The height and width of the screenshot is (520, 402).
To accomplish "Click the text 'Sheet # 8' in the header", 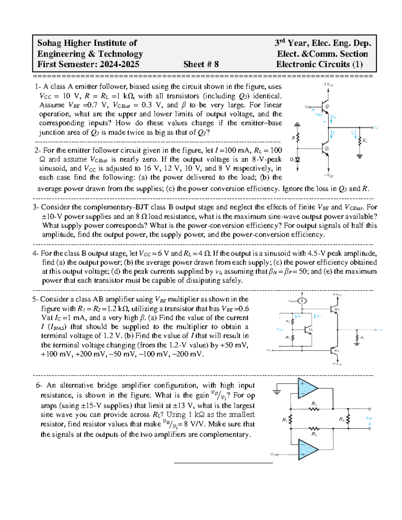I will tap(201, 64).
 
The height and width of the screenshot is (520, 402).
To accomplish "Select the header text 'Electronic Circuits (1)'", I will tap(319, 64).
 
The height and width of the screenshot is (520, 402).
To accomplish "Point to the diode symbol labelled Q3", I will tap(297, 160).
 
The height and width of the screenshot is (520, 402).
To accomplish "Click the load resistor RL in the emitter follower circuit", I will tap(360, 140).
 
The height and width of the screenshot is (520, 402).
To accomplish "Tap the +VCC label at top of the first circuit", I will tap(328, 85).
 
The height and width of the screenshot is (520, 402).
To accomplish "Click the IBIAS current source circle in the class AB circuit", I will tap(302, 301).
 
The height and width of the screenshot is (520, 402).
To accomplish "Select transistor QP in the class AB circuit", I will tap(334, 350).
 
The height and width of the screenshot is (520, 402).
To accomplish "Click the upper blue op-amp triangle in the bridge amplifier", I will tap(308, 388).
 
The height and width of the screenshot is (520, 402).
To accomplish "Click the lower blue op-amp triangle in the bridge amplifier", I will tap(308, 450).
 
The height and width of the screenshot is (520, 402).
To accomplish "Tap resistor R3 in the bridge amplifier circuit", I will tap(314, 408).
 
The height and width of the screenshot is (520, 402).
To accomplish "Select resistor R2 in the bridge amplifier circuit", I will tap(314, 429).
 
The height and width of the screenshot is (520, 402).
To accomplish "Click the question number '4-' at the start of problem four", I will tap(36, 253).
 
